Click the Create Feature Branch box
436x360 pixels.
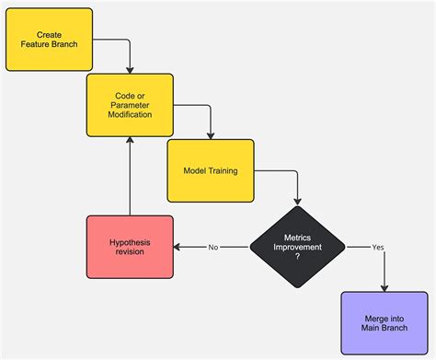point(49,40)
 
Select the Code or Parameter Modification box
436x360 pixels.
point(130,104)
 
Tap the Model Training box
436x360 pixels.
point(210,170)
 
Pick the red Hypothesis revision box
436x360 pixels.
point(130,247)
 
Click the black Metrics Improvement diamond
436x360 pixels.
point(297,247)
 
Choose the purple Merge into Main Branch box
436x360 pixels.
point(384,322)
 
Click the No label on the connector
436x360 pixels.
point(212,247)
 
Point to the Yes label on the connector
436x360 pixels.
point(377,247)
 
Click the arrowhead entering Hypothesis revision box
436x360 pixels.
point(178,247)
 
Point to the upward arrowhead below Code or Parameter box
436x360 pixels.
point(130,140)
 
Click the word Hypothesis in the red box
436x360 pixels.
point(130,242)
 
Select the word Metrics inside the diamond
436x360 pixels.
point(297,238)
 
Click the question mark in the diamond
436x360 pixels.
point(297,257)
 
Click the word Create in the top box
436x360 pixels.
point(49,34)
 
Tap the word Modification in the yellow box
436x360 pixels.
point(130,115)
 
